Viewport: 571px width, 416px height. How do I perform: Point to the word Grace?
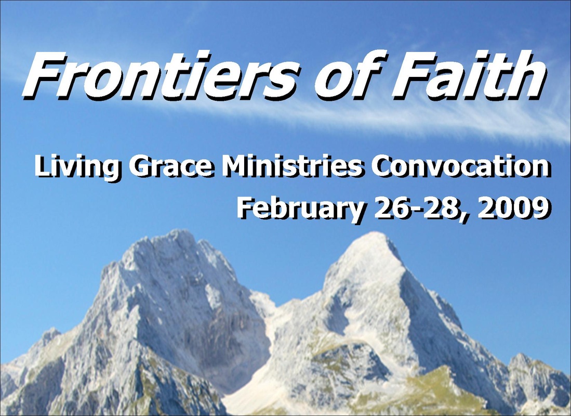[170, 166]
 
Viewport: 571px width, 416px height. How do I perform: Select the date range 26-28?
[417, 208]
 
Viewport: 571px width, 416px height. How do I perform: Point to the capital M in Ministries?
[233, 166]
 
